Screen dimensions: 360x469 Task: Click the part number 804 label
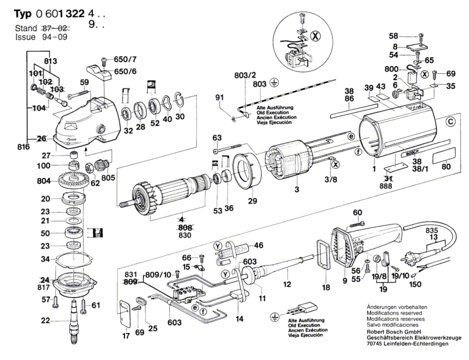coord(44,181)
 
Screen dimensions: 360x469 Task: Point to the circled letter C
coord(451,122)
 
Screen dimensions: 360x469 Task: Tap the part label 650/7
coord(125,60)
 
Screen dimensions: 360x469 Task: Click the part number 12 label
coord(287,284)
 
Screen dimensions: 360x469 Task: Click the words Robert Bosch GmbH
coord(394,332)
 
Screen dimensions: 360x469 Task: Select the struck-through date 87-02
coord(56,28)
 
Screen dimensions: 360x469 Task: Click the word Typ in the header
coord(23,14)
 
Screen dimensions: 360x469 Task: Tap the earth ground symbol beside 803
coord(274,83)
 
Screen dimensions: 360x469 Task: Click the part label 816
coord(23,147)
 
